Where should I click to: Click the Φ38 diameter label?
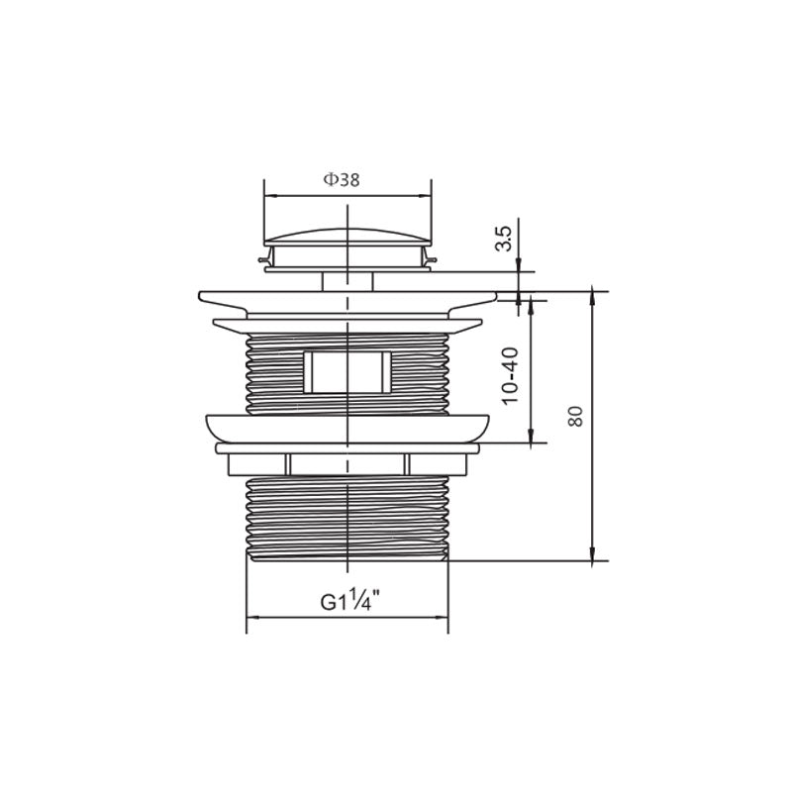point(342,180)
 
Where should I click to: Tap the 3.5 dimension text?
point(504,239)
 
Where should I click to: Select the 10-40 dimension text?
point(510,375)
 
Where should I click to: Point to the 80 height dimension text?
point(575,416)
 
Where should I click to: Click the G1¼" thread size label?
point(350,601)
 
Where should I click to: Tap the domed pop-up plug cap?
point(348,238)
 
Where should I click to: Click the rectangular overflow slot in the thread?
point(348,372)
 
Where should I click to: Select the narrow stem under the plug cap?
point(348,281)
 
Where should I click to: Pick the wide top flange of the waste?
point(348,304)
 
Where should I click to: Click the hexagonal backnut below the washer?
point(348,464)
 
